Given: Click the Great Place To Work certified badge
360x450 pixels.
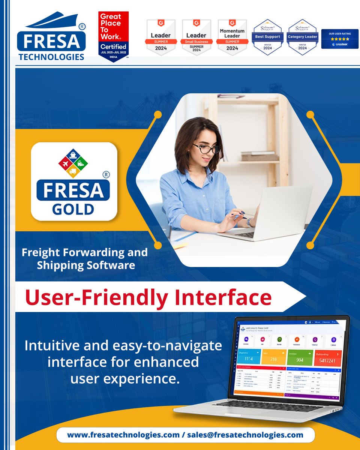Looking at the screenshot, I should (x=113, y=37).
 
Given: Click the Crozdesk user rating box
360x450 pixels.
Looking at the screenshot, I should (x=340, y=39).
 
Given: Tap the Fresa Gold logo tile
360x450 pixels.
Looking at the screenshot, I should (x=74, y=181).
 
